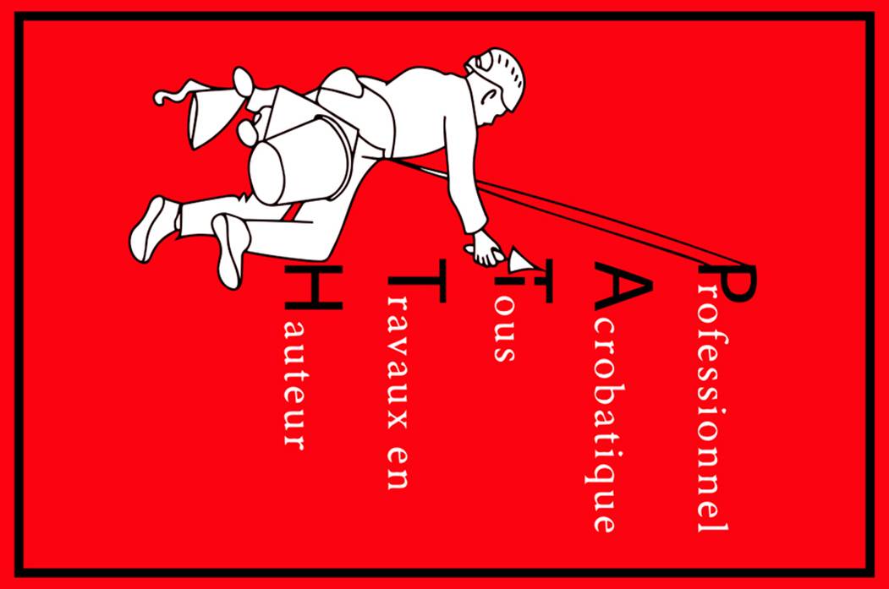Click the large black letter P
[732, 283]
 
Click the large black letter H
[314, 287]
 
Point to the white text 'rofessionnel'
[713, 407]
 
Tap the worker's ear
[486, 97]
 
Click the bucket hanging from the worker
[300, 161]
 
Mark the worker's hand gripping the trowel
[486, 249]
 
